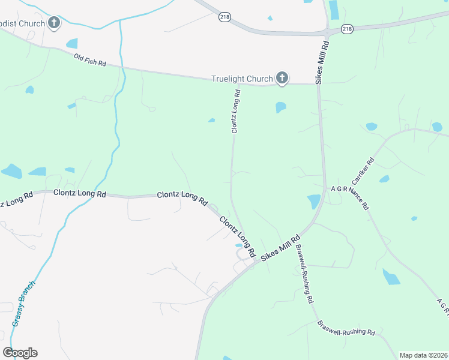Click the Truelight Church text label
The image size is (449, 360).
point(241,79)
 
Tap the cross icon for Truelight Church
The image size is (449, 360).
point(282,77)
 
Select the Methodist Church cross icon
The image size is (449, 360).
point(54,23)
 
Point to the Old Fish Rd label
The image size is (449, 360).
point(91,60)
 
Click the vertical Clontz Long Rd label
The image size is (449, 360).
point(236,111)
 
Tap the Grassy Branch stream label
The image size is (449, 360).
point(23,304)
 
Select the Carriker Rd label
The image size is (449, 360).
point(363,170)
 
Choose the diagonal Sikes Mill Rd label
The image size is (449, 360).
point(280,248)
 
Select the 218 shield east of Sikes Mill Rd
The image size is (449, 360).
point(347,29)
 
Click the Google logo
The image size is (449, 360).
point(20,353)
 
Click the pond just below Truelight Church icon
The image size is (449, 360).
point(280,107)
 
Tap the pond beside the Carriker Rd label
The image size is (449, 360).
point(384,179)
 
